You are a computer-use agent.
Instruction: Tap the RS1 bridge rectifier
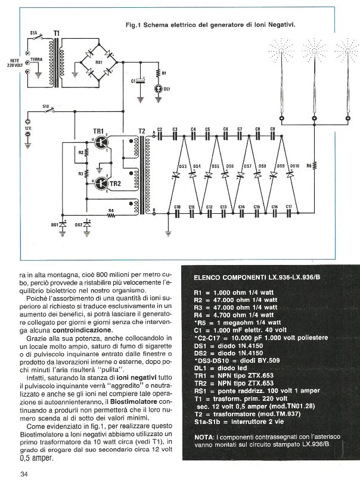99,61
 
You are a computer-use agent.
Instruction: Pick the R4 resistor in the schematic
111,214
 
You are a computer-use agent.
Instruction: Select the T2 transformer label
141,130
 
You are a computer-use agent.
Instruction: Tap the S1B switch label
46,107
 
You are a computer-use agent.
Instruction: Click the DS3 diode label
182,166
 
